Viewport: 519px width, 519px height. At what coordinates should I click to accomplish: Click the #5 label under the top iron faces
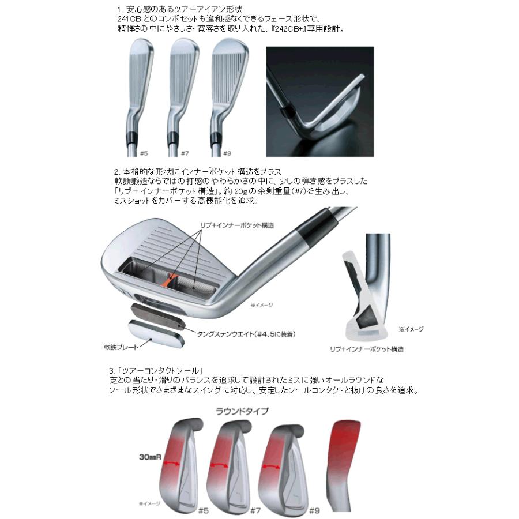pyautogui.click(x=144, y=153)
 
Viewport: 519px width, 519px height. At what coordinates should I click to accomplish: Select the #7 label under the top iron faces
pyautogui.click(x=185, y=153)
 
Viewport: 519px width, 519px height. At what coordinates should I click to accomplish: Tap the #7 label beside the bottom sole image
pyautogui.click(x=257, y=510)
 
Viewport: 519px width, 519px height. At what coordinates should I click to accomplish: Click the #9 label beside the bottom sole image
pyautogui.click(x=314, y=510)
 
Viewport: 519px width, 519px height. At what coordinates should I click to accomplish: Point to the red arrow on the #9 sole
pyautogui.click(x=273, y=467)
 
